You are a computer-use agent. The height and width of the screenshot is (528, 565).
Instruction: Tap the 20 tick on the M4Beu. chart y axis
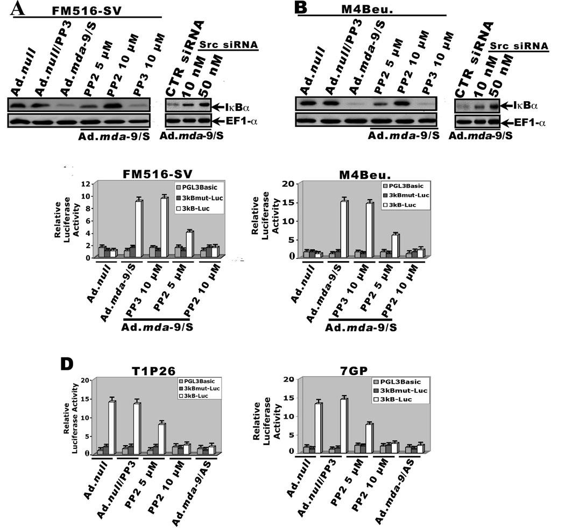click(x=291, y=184)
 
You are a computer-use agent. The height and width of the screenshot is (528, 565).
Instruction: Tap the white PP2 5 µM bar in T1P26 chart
click(x=161, y=438)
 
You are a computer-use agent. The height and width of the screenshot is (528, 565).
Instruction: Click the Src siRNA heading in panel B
click(x=519, y=46)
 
